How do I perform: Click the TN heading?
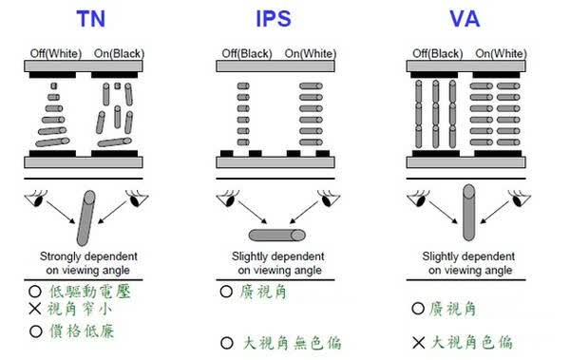tap(91, 19)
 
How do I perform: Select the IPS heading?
tap(274, 19)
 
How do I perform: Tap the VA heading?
tap(465, 19)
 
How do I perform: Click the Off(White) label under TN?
tap(56, 54)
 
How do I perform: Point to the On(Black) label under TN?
tap(119, 54)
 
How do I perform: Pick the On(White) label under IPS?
tap(310, 54)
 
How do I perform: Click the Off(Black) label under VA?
tap(438, 54)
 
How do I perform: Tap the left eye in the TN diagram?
tap(36, 199)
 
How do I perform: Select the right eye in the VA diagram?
tap(519, 199)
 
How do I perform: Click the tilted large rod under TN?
tap(85, 218)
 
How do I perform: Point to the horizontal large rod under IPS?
tap(277, 236)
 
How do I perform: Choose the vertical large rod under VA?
tap(469, 213)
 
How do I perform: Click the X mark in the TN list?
tap(35, 309)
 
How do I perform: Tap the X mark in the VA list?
tap(418, 343)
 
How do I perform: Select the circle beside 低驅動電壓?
tap(35, 292)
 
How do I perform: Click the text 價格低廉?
tap(82, 332)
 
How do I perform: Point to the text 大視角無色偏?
tap(292, 343)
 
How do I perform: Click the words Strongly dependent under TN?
tap(88, 256)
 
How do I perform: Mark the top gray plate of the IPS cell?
tap(275, 66)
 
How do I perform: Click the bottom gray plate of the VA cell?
tap(465, 162)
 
